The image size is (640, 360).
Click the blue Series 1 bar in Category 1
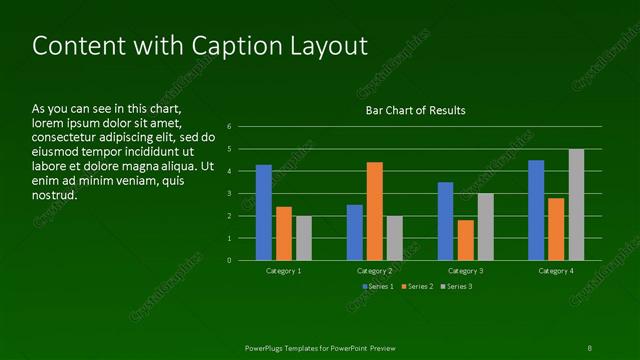pyautogui.click(x=264, y=212)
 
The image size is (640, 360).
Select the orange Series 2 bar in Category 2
pyautogui.click(x=375, y=211)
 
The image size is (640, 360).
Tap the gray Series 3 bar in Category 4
pyautogui.click(x=577, y=204)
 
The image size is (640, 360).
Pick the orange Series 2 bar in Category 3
pyautogui.click(x=465, y=240)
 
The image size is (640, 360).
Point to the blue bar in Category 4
pyautogui.click(x=536, y=210)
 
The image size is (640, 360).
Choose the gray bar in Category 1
pyautogui.click(x=304, y=238)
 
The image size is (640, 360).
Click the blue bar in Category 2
pyautogui.click(x=355, y=232)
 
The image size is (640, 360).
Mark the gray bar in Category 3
pyautogui.click(x=485, y=227)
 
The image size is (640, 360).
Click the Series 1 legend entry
pyautogui.click(x=377, y=287)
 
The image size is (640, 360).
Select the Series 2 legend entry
pyautogui.click(x=416, y=287)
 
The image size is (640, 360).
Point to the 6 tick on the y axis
pyautogui.click(x=230, y=127)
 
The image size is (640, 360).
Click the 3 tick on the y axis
pyautogui.click(x=230, y=193)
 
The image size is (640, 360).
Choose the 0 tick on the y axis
pyautogui.click(x=230, y=260)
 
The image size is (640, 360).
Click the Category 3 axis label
pyautogui.click(x=465, y=271)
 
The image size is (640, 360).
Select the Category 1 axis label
pyautogui.click(x=284, y=271)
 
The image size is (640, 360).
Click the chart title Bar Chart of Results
pyautogui.click(x=415, y=110)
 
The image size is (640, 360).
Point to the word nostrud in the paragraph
pyautogui.click(x=55, y=195)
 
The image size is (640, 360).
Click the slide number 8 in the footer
pyautogui.click(x=589, y=347)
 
